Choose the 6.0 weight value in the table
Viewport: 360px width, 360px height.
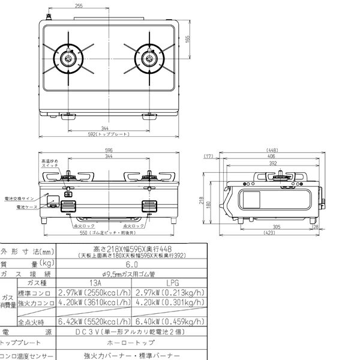pyautogui.click(x=132, y=262)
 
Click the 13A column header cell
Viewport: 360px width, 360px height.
pyautogui.click(x=93, y=281)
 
